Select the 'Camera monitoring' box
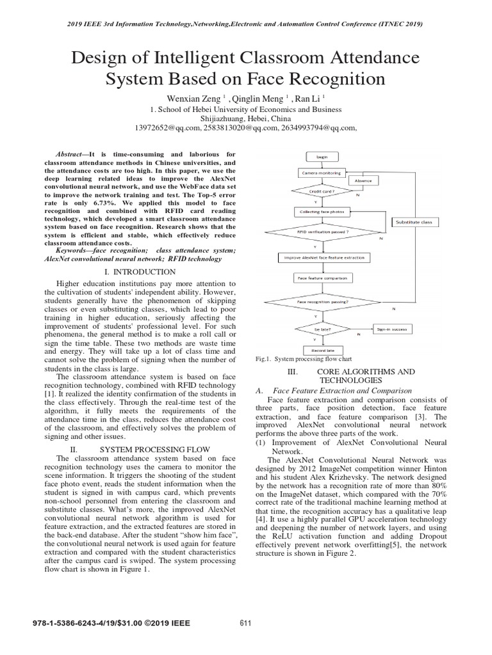click(x=321, y=173)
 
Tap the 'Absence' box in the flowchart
click(x=363, y=181)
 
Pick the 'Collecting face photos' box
click(x=321, y=212)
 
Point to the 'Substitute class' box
click(x=413, y=222)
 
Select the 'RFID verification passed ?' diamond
click(x=322, y=232)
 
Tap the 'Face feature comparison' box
click(x=321, y=278)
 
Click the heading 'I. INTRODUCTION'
click(x=141, y=272)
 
